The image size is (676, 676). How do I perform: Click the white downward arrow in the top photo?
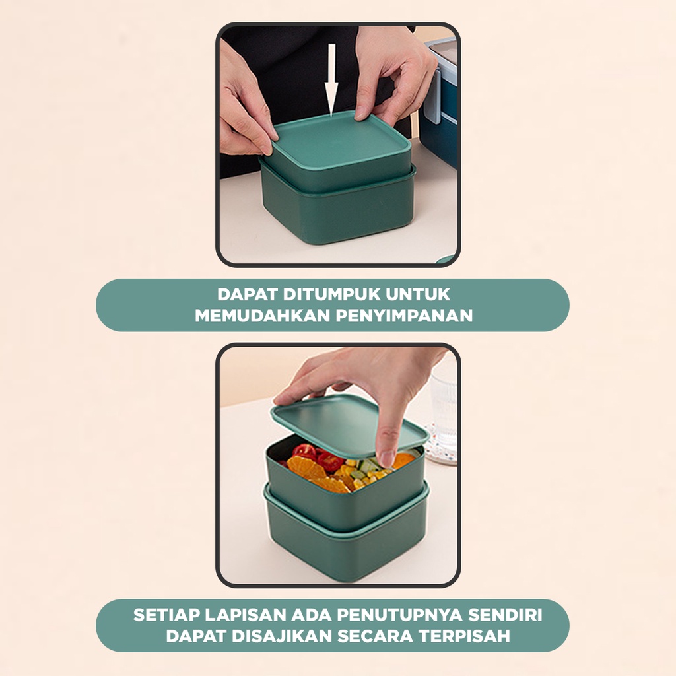point(331,80)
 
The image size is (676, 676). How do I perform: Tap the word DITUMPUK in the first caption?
point(331,294)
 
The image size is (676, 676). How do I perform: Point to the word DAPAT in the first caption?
point(248,294)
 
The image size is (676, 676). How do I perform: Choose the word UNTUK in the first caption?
point(417,294)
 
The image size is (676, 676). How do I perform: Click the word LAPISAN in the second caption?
point(246,615)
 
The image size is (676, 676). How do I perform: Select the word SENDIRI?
point(505,615)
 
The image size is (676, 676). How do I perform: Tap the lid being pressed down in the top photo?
point(341,140)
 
